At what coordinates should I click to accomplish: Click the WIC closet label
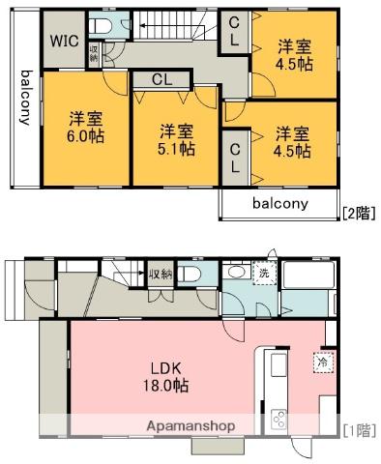coord(65,42)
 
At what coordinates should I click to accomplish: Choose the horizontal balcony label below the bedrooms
coord(280,204)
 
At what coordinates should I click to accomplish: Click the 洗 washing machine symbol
coord(261,274)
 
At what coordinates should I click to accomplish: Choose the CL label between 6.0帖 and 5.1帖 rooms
coord(161,80)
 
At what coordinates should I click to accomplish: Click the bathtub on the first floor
coord(308,277)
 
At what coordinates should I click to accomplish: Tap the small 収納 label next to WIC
coord(94,53)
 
